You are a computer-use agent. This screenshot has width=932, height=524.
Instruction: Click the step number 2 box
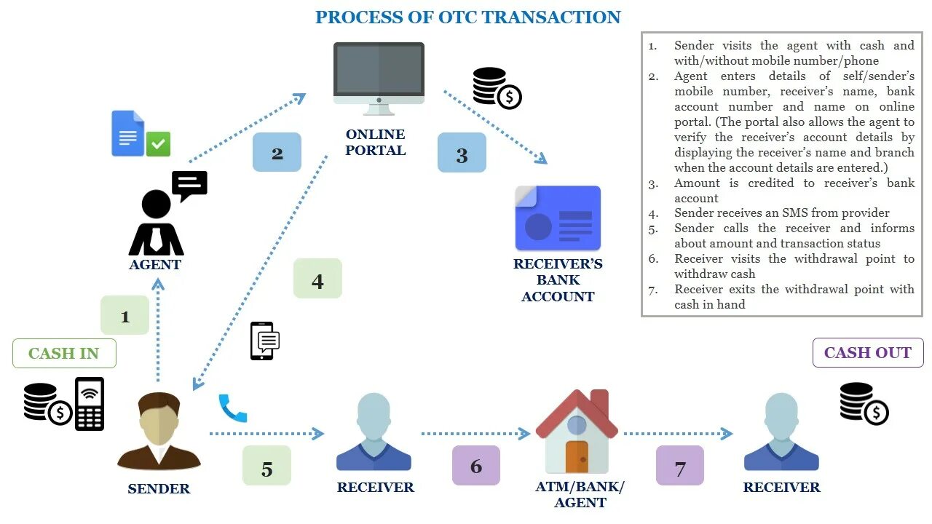pyautogui.click(x=277, y=152)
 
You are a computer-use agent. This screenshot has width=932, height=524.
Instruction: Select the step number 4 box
pyautogui.click(x=317, y=279)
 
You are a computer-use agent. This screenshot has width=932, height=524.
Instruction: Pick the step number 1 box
pyautogui.click(x=125, y=315)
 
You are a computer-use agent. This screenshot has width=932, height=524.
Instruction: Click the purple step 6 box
pyautogui.click(x=476, y=465)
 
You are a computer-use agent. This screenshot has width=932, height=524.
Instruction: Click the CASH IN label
pyautogui.click(x=64, y=353)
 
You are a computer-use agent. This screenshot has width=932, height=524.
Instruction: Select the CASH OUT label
pyautogui.click(x=868, y=353)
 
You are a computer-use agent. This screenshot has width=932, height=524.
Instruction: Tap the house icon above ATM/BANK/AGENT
pyautogui.click(x=577, y=432)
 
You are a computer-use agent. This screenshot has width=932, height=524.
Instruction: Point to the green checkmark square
pyautogui.click(x=158, y=143)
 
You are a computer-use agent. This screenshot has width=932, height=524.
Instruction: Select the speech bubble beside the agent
pyautogui.click(x=189, y=186)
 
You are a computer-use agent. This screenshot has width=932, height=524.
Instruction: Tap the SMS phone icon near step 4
pyautogui.click(x=264, y=341)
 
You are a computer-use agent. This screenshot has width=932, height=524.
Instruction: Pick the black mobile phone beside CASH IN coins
pyautogui.click(x=90, y=403)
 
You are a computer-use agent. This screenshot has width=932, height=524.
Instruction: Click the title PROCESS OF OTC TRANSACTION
pyautogui.click(x=468, y=17)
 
